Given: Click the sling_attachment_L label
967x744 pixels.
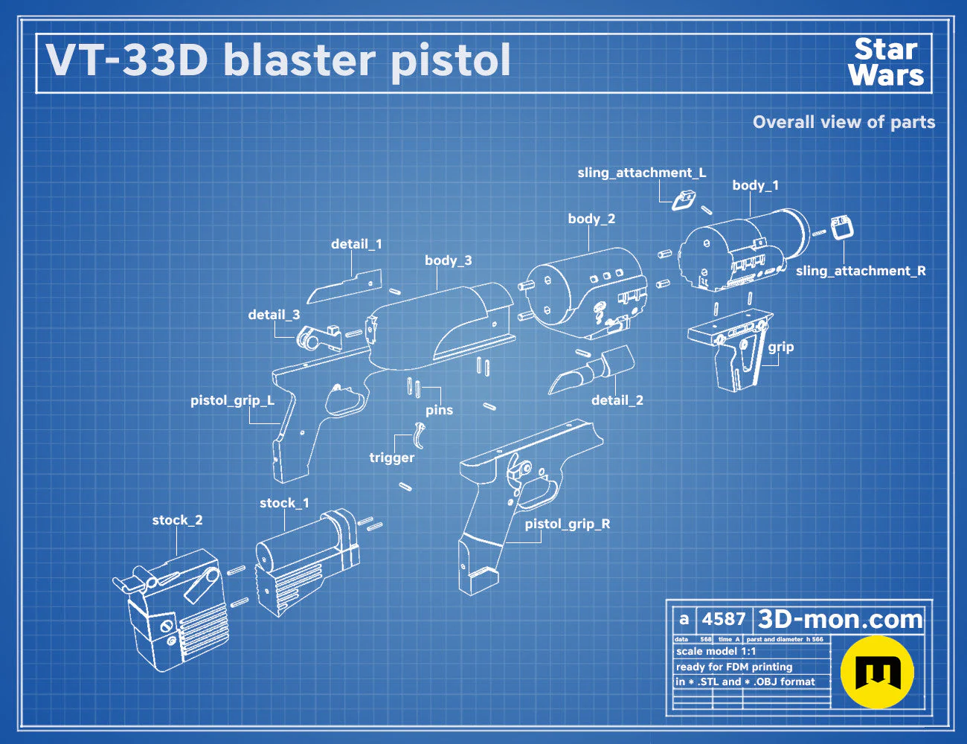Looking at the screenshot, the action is coord(642,173).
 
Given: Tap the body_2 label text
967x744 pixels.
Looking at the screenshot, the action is coord(591,219).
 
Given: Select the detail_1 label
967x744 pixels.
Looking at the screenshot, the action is coord(356,244).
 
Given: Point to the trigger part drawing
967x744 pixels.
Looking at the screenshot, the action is coord(420,436).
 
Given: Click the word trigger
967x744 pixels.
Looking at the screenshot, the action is coord(391,458).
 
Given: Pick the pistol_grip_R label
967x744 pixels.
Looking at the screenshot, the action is coord(568,525).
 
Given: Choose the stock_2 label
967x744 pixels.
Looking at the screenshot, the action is coord(177,520).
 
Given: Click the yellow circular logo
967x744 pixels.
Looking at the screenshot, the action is coord(877,673).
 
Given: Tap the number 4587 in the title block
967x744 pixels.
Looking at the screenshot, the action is coord(724,619).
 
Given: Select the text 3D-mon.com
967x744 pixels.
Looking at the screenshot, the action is coord(840,619).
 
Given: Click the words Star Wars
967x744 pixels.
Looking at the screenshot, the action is coord(886,62).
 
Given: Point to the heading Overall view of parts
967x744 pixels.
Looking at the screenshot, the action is coord(844,122).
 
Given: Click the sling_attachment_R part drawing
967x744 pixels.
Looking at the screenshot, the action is coord(842,228).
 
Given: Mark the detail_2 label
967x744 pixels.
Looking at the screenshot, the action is coord(617,400).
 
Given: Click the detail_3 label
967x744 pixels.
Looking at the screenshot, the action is coord(274,315).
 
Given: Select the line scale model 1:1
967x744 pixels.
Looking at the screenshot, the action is coord(716,652).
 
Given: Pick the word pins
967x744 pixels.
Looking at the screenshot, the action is coord(439,410).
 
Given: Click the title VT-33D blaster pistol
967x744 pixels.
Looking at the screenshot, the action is coord(278,60).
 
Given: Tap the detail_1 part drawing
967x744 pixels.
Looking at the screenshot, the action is coord(345,286).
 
